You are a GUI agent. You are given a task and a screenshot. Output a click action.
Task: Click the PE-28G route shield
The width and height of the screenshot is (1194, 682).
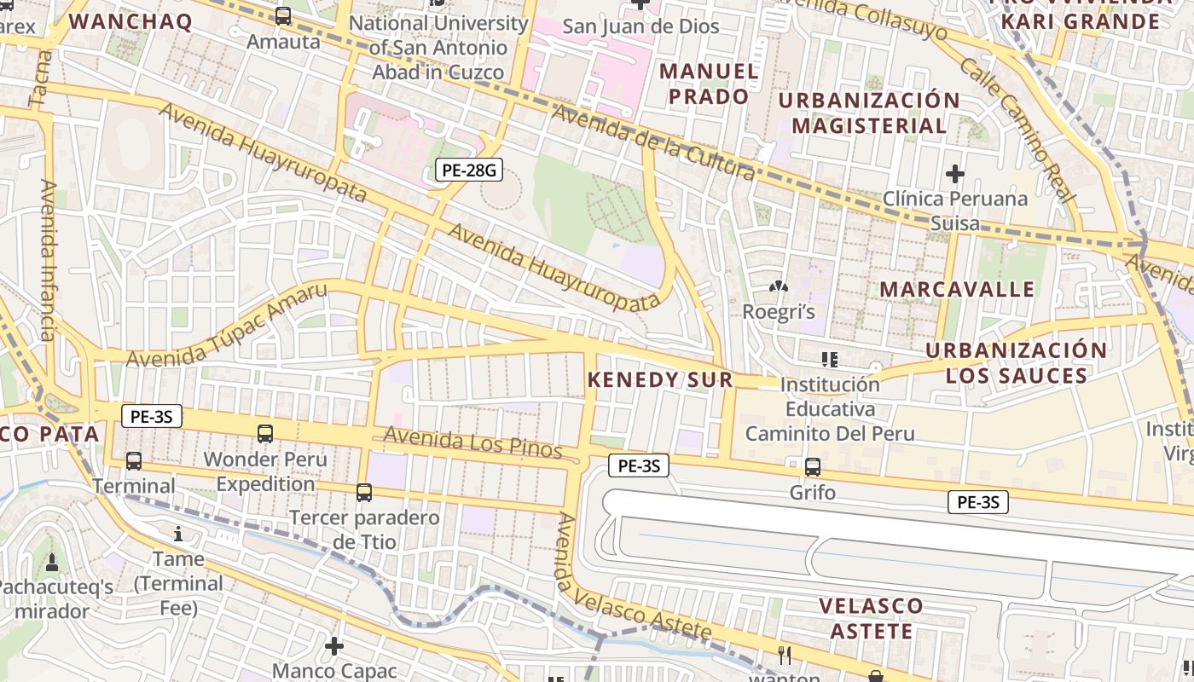469,170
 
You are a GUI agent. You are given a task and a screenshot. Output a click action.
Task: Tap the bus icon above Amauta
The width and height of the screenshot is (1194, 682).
283,16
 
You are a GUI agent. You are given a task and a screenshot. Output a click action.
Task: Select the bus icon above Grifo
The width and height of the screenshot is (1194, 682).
813,467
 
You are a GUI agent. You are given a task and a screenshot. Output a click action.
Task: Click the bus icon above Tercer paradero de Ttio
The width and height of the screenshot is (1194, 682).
364,492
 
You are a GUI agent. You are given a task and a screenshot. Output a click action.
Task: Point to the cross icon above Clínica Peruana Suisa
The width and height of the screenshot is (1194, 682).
955,174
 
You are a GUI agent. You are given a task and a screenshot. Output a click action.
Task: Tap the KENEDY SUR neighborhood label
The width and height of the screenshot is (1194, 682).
660,379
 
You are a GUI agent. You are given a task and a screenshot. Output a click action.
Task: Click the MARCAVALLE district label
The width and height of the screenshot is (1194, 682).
957,289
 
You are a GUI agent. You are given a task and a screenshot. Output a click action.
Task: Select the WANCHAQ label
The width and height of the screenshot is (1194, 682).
130,21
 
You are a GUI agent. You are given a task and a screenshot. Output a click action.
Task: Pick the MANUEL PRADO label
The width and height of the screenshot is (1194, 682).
709,84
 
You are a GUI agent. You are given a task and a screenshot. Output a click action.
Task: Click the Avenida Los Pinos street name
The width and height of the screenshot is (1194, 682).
472,443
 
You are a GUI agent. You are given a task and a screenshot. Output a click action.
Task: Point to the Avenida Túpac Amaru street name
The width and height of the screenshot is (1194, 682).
227,326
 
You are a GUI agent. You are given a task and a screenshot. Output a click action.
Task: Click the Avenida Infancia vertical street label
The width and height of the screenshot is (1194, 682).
48,260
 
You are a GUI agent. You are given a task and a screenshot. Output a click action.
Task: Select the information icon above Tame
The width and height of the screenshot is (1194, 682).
178,534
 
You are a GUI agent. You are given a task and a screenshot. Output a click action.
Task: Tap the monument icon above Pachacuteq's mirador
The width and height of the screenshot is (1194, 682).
52,562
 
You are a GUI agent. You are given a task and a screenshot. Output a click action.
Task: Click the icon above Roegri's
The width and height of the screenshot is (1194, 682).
778,287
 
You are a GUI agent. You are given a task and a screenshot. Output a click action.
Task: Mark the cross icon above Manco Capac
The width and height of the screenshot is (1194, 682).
334,645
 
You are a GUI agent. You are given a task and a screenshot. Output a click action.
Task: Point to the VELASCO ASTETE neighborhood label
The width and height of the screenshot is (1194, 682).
871,619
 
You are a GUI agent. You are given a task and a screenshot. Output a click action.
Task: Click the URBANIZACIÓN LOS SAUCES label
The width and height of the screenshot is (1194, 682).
1016,363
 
